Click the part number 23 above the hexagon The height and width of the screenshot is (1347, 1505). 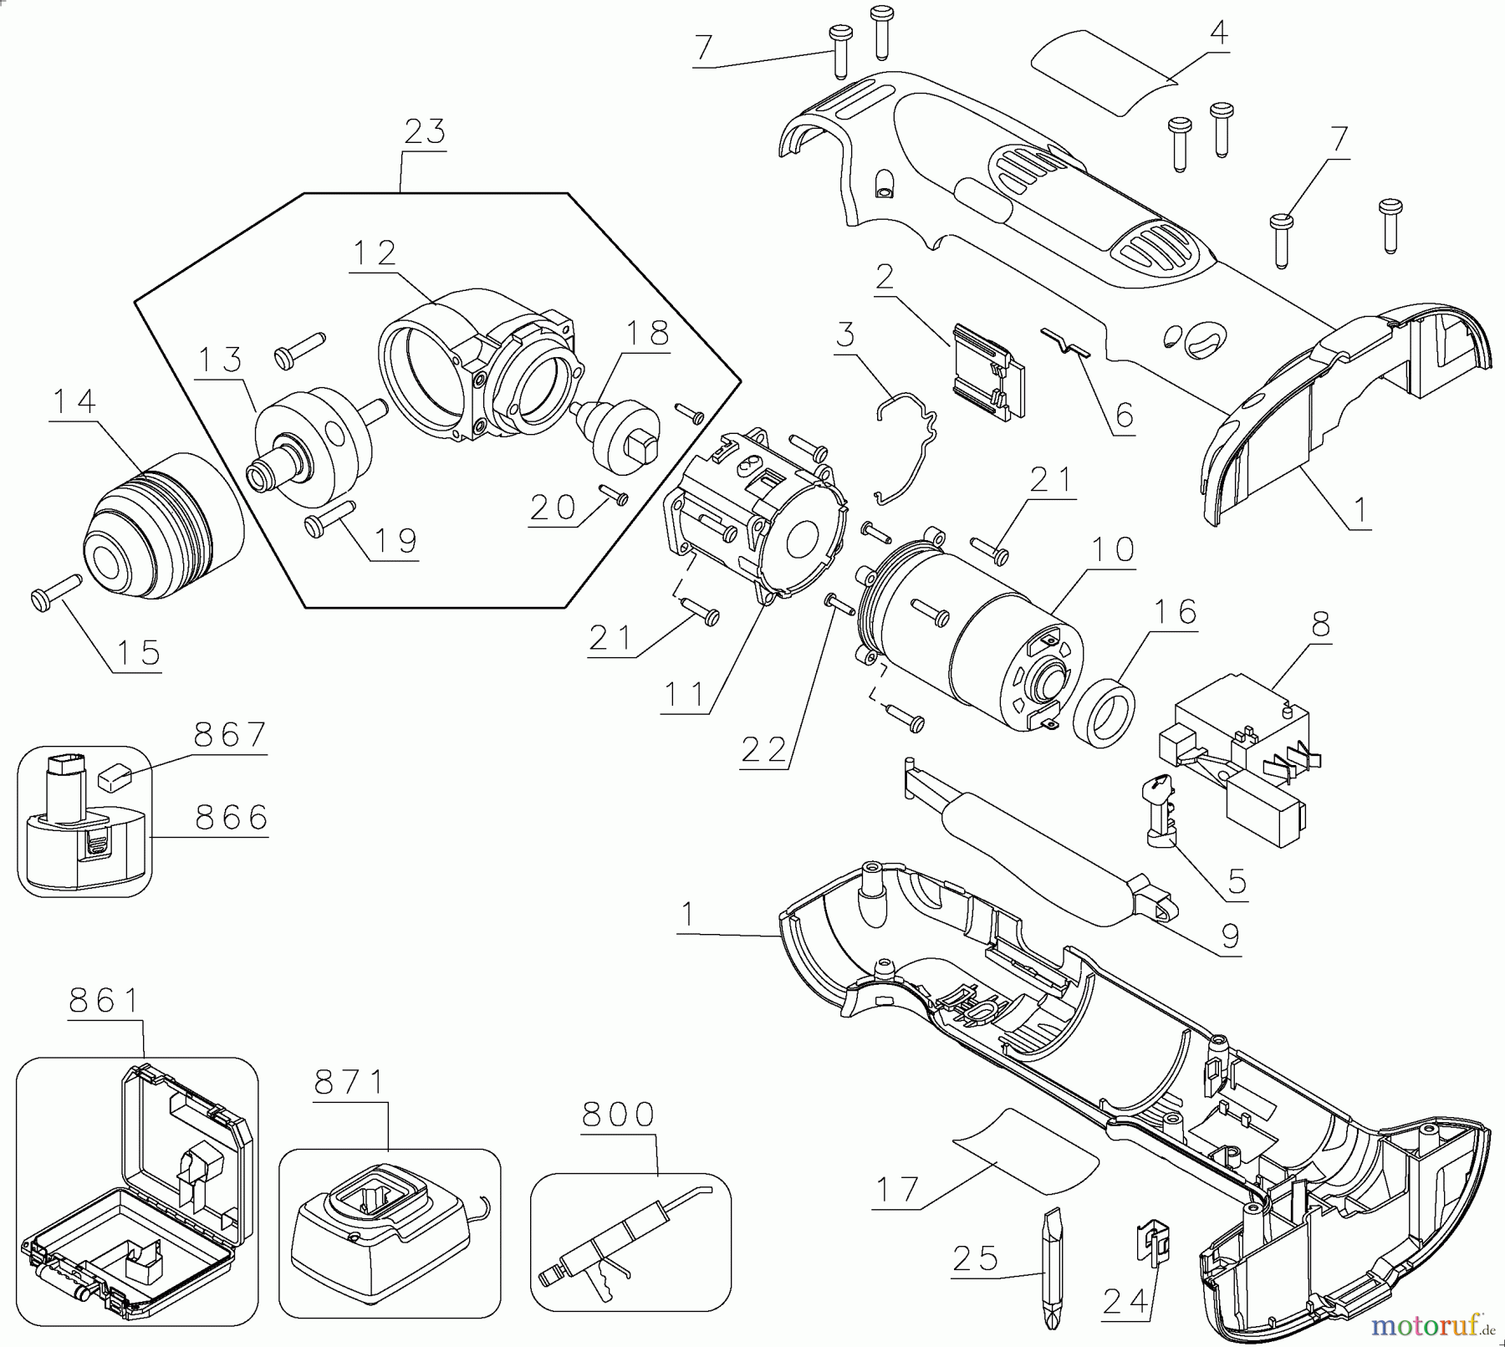425,132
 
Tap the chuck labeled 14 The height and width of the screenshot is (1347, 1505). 165,525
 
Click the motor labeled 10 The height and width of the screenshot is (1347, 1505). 970,631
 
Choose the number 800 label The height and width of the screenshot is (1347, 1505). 619,1115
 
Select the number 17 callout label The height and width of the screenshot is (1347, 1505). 895,1188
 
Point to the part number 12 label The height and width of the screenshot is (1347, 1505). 374,253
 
